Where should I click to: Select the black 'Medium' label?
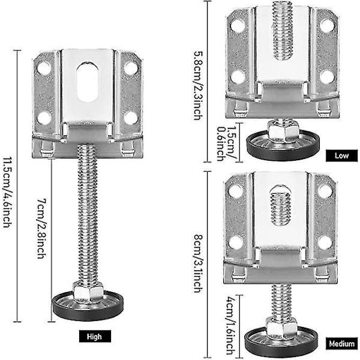pos(341,344)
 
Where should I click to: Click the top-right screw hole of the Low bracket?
pos(326,26)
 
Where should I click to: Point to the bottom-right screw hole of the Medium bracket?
pos(324,242)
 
